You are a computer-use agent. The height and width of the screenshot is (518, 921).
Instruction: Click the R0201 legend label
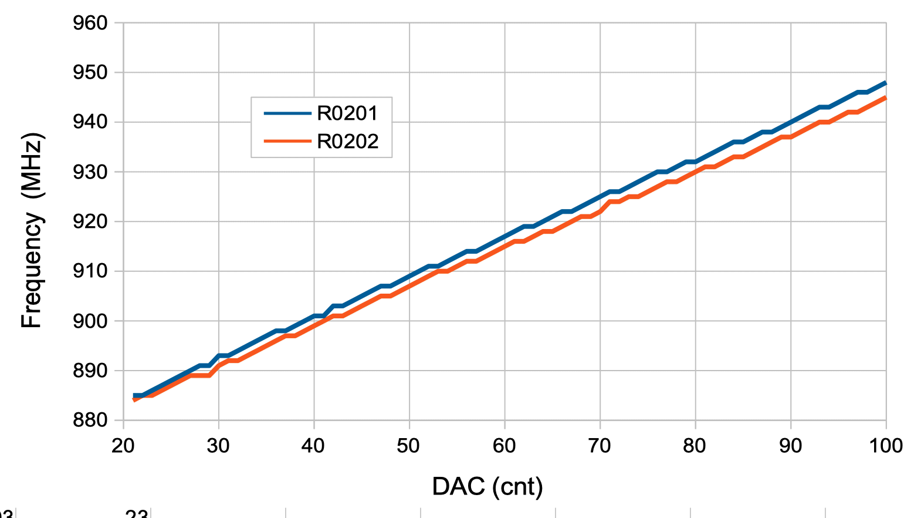point(347,113)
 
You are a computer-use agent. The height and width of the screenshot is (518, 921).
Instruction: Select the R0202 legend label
point(347,142)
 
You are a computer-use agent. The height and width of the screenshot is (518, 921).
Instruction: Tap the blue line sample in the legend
point(287,113)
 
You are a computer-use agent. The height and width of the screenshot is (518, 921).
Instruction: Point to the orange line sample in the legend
point(287,142)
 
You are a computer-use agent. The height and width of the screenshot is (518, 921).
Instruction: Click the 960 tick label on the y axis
point(90,23)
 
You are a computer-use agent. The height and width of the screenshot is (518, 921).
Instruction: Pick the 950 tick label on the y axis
point(90,72)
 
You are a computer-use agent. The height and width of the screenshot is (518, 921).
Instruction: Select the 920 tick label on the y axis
point(90,221)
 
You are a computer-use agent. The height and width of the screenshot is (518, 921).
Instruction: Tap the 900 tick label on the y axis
point(90,321)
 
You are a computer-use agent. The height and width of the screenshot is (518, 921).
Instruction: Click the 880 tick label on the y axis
point(90,420)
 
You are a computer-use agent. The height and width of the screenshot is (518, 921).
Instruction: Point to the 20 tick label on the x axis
point(123,446)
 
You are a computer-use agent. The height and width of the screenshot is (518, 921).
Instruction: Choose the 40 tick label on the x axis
point(313,446)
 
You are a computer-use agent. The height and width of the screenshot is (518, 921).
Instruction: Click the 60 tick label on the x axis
point(504,446)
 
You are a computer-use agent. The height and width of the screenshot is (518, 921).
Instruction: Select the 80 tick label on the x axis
point(695,446)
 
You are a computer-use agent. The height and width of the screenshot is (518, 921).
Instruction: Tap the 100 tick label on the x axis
point(885,446)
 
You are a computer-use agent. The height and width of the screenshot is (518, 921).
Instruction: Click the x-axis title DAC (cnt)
point(487,486)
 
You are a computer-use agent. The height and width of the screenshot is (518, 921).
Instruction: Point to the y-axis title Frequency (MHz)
point(32,230)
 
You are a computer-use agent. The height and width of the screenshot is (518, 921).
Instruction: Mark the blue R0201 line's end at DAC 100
point(885,83)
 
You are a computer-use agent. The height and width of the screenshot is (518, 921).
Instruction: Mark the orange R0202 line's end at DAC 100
point(885,97)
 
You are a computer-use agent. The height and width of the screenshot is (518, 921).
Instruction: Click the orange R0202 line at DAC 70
point(600,211)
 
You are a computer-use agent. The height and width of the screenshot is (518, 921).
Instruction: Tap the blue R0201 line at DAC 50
point(409,276)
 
